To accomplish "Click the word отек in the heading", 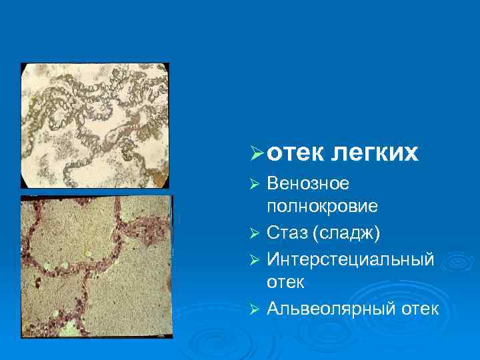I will [x=293, y=153].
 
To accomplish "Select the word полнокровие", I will [x=322, y=207].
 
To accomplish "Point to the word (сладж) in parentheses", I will [x=346, y=233].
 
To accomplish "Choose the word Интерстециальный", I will [x=350, y=258].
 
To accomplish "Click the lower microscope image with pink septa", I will [x=97, y=266].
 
